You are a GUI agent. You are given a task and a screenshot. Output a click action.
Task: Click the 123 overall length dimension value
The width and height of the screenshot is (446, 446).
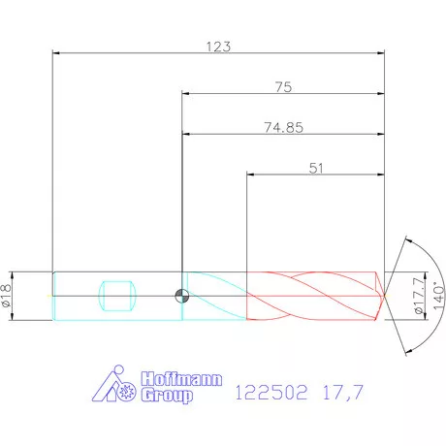(x=218, y=47)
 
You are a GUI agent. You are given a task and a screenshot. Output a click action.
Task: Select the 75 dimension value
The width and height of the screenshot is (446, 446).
(x=283, y=87)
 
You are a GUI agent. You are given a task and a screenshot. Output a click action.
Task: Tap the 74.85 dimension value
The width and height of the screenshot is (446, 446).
(x=283, y=128)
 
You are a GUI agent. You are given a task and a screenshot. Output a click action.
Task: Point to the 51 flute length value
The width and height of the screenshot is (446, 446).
(x=316, y=169)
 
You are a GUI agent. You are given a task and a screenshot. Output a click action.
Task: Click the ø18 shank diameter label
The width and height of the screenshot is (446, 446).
(x=7, y=296)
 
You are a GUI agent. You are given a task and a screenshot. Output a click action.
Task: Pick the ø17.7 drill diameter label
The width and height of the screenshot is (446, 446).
(x=419, y=296)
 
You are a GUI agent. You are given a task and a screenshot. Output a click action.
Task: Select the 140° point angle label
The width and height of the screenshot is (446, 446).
(x=438, y=296)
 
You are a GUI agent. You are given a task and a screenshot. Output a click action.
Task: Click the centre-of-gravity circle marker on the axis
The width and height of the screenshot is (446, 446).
(x=182, y=296)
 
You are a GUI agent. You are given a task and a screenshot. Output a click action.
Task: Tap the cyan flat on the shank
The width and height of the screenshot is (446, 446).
(x=117, y=296)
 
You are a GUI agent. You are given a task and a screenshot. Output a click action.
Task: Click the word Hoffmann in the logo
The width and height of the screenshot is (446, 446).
(x=181, y=378)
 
